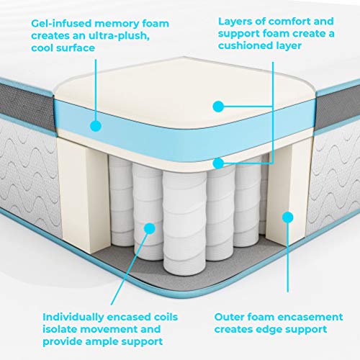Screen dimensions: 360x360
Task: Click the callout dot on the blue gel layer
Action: click(96, 125)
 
